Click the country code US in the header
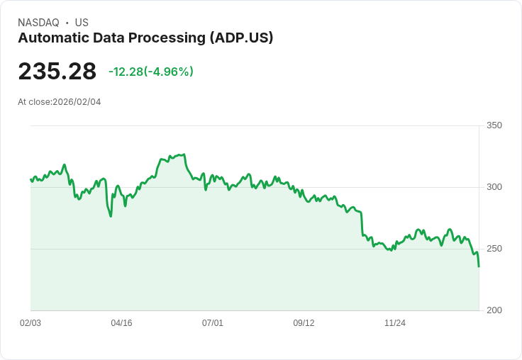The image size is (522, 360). [82, 23]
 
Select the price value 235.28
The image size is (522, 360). [57, 72]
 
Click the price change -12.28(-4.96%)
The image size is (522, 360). [150, 72]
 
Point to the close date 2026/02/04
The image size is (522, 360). [77, 102]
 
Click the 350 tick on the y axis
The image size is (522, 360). [494, 125]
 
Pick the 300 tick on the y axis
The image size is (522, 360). [494, 187]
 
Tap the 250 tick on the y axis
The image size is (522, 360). [494, 249]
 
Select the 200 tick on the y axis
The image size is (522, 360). [494, 310]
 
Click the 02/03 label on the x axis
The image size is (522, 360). [30, 323]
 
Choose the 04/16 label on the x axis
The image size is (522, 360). [121, 323]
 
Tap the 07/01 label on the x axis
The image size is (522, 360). [213, 323]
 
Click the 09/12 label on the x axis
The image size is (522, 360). [304, 323]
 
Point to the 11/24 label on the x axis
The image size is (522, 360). [395, 323]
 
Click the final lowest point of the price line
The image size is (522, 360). [479, 266]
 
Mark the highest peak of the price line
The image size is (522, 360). [184, 154]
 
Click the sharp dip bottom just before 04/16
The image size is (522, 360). [111, 215]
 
